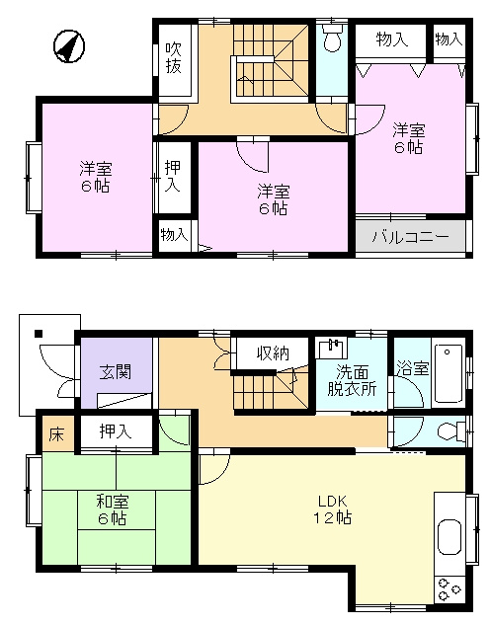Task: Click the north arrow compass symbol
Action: coord(69,46)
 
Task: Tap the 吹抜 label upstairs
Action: coord(174,58)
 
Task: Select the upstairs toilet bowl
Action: coord(332,39)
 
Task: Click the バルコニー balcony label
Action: coord(411,237)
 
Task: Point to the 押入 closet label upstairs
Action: coord(173,177)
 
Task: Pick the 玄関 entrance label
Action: coord(115,371)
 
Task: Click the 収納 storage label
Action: coord(273,352)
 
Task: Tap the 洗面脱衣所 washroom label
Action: coord(352,380)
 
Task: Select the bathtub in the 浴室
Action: coord(448,373)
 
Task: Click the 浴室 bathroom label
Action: coord(413,368)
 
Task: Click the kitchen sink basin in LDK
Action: coord(449,537)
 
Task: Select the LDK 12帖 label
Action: coord(332,509)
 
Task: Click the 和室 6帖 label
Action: coord(113,509)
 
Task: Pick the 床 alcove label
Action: coord(56,434)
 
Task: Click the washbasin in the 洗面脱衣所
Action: coord(331,348)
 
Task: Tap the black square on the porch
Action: coord(39,334)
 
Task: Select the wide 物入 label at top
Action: coord(392,39)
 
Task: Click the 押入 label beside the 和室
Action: coord(116,431)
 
